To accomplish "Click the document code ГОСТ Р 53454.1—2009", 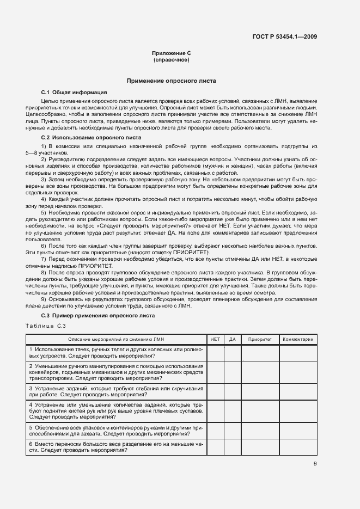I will [285, 37].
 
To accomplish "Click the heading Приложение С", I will [171, 53].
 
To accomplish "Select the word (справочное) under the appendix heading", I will [171, 59].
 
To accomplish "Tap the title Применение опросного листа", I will [171, 81].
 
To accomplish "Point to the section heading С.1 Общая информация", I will [74, 92].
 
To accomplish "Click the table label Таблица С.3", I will [46, 326].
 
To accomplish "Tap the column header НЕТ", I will [215, 339].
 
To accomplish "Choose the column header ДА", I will [232, 339].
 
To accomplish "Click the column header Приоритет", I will [260, 339].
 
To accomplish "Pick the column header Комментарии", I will [298, 339].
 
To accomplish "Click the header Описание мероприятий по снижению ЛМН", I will [116, 339].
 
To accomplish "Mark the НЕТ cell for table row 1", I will [215, 353].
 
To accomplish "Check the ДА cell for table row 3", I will [232, 391].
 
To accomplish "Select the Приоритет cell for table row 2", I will [260, 372].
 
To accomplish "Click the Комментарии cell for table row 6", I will [298, 447].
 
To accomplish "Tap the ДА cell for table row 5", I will [232, 431].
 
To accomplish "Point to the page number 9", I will [315, 464].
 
